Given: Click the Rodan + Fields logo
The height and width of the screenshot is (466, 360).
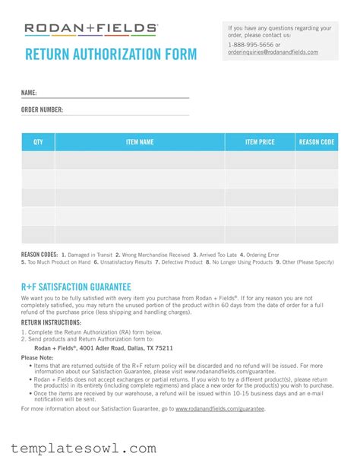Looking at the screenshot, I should [x=90, y=30].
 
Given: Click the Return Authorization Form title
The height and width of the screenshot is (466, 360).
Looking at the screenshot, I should [x=110, y=55].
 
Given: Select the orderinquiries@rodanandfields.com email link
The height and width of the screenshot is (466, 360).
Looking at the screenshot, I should [x=273, y=52].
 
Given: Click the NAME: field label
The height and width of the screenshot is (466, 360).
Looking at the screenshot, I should [x=29, y=93].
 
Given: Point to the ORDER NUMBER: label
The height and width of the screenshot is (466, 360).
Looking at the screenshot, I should [x=42, y=109].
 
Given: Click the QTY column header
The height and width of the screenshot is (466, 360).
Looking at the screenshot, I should [x=38, y=142].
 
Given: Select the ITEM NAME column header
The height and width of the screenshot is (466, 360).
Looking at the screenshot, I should [x=140, y=142].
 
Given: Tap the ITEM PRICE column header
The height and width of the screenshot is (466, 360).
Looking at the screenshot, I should [x=260, y=142].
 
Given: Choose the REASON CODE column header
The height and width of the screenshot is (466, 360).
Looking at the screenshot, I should [x=317, y=142].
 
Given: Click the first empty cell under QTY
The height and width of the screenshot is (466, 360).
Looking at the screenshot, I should [x=38, y=160].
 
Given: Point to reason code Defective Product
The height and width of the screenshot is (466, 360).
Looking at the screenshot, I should [x=181, y=262].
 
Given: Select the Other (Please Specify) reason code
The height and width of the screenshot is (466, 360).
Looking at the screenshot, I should [x=308, y=262].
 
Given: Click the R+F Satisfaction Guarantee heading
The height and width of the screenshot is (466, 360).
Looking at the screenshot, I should [x=76, y=286].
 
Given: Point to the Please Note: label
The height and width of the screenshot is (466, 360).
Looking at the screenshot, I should [x=37, y=357].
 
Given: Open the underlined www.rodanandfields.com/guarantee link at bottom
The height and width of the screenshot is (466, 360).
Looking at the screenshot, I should [x=219, y=409].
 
